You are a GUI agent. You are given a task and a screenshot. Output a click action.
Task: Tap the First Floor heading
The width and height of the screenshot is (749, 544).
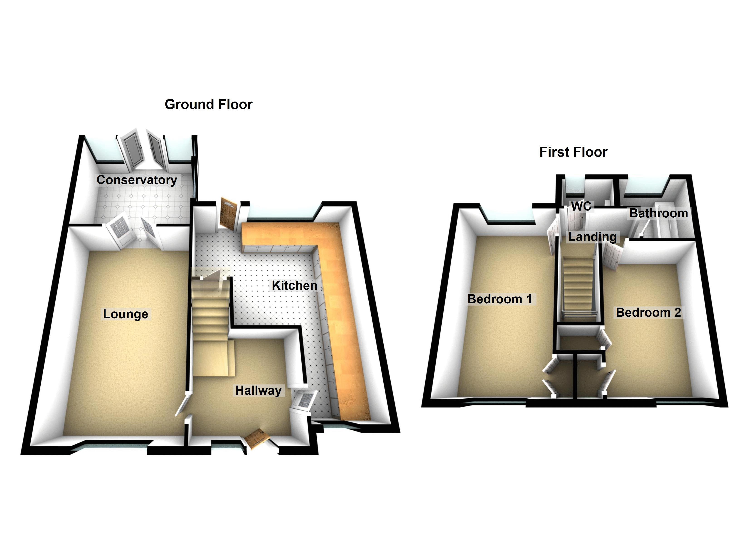(573, 152)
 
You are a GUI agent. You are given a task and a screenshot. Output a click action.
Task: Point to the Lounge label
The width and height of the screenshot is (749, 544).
(126, 314)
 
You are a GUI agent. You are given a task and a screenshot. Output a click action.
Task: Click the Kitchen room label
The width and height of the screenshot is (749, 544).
(294, 285)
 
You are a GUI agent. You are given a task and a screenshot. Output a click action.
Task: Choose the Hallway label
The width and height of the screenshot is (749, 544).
(258, 391)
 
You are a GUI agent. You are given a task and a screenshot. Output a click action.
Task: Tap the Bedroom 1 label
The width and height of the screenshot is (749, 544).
(500, 299)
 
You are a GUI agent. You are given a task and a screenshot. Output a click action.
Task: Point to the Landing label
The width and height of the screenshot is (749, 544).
(592, 237)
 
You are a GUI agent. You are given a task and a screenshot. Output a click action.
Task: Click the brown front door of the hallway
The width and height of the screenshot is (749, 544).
(257, 438)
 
